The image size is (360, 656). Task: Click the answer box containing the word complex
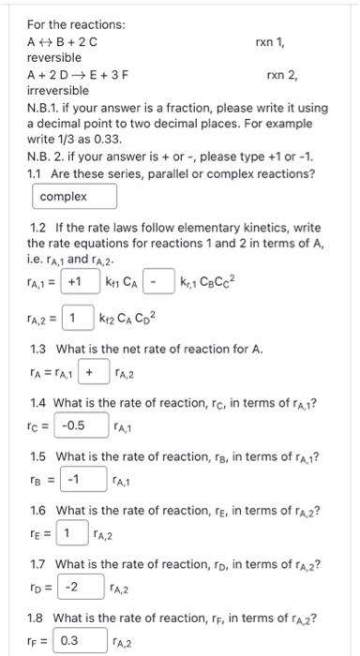coord(75,197)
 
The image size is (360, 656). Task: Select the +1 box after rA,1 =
coord(75,281)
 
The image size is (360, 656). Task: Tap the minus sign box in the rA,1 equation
coord(160,281)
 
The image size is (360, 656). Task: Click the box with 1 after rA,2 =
coord(79,319)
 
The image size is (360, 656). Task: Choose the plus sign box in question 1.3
coord(91,373)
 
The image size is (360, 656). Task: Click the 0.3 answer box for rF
coord(69,641)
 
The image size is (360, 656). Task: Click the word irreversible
coord(57,91)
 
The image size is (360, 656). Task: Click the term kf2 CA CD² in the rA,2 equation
coord(132,320)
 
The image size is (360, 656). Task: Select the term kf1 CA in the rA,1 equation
coord(121,282)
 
